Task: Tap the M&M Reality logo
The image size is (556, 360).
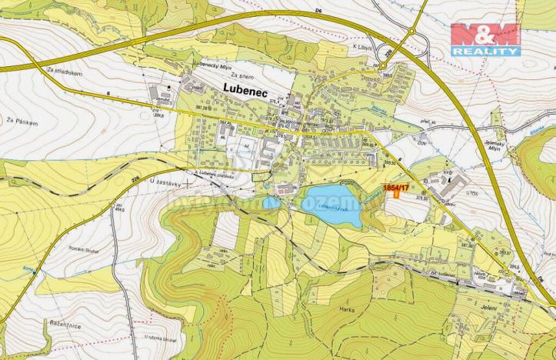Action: (485, 39)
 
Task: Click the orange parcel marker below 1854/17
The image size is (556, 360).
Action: (397, 192)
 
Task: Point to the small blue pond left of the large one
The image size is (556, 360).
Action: (271, 203)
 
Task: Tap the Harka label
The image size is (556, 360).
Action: (344, 308)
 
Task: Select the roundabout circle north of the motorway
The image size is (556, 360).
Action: (411, 32)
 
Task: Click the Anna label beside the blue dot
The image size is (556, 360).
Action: (28, 268)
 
